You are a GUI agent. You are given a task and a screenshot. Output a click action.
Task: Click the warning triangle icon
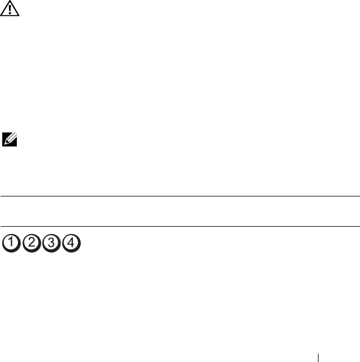click(10, 8)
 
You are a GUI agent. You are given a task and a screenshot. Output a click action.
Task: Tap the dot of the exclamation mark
click(10, 13)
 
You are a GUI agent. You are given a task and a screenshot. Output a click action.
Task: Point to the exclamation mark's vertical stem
click(10, 8)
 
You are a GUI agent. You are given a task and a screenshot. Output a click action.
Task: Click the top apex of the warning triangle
click(10, 1)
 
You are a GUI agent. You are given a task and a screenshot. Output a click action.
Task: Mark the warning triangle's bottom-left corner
click(1, 16)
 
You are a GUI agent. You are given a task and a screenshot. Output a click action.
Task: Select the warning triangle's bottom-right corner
click(19, 16)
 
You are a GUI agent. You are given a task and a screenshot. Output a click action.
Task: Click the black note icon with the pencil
click(10, 139)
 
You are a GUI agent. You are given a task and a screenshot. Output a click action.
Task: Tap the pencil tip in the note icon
click(5, 144)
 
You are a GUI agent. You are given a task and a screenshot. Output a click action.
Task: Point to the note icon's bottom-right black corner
click(17, 146)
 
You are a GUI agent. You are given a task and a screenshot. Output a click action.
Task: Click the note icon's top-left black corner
click(3, 133)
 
